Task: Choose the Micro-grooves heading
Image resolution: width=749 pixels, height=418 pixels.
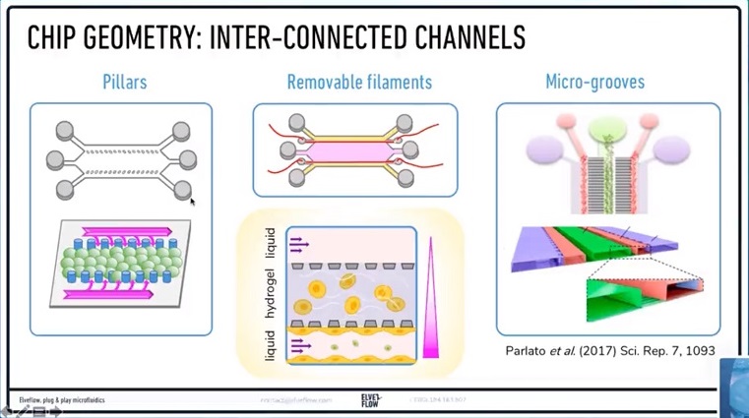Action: tap(594, 82)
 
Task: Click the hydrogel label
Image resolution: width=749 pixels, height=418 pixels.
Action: tap(271, 292)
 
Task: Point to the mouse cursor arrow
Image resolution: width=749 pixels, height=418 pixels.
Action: tap(192, 201)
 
